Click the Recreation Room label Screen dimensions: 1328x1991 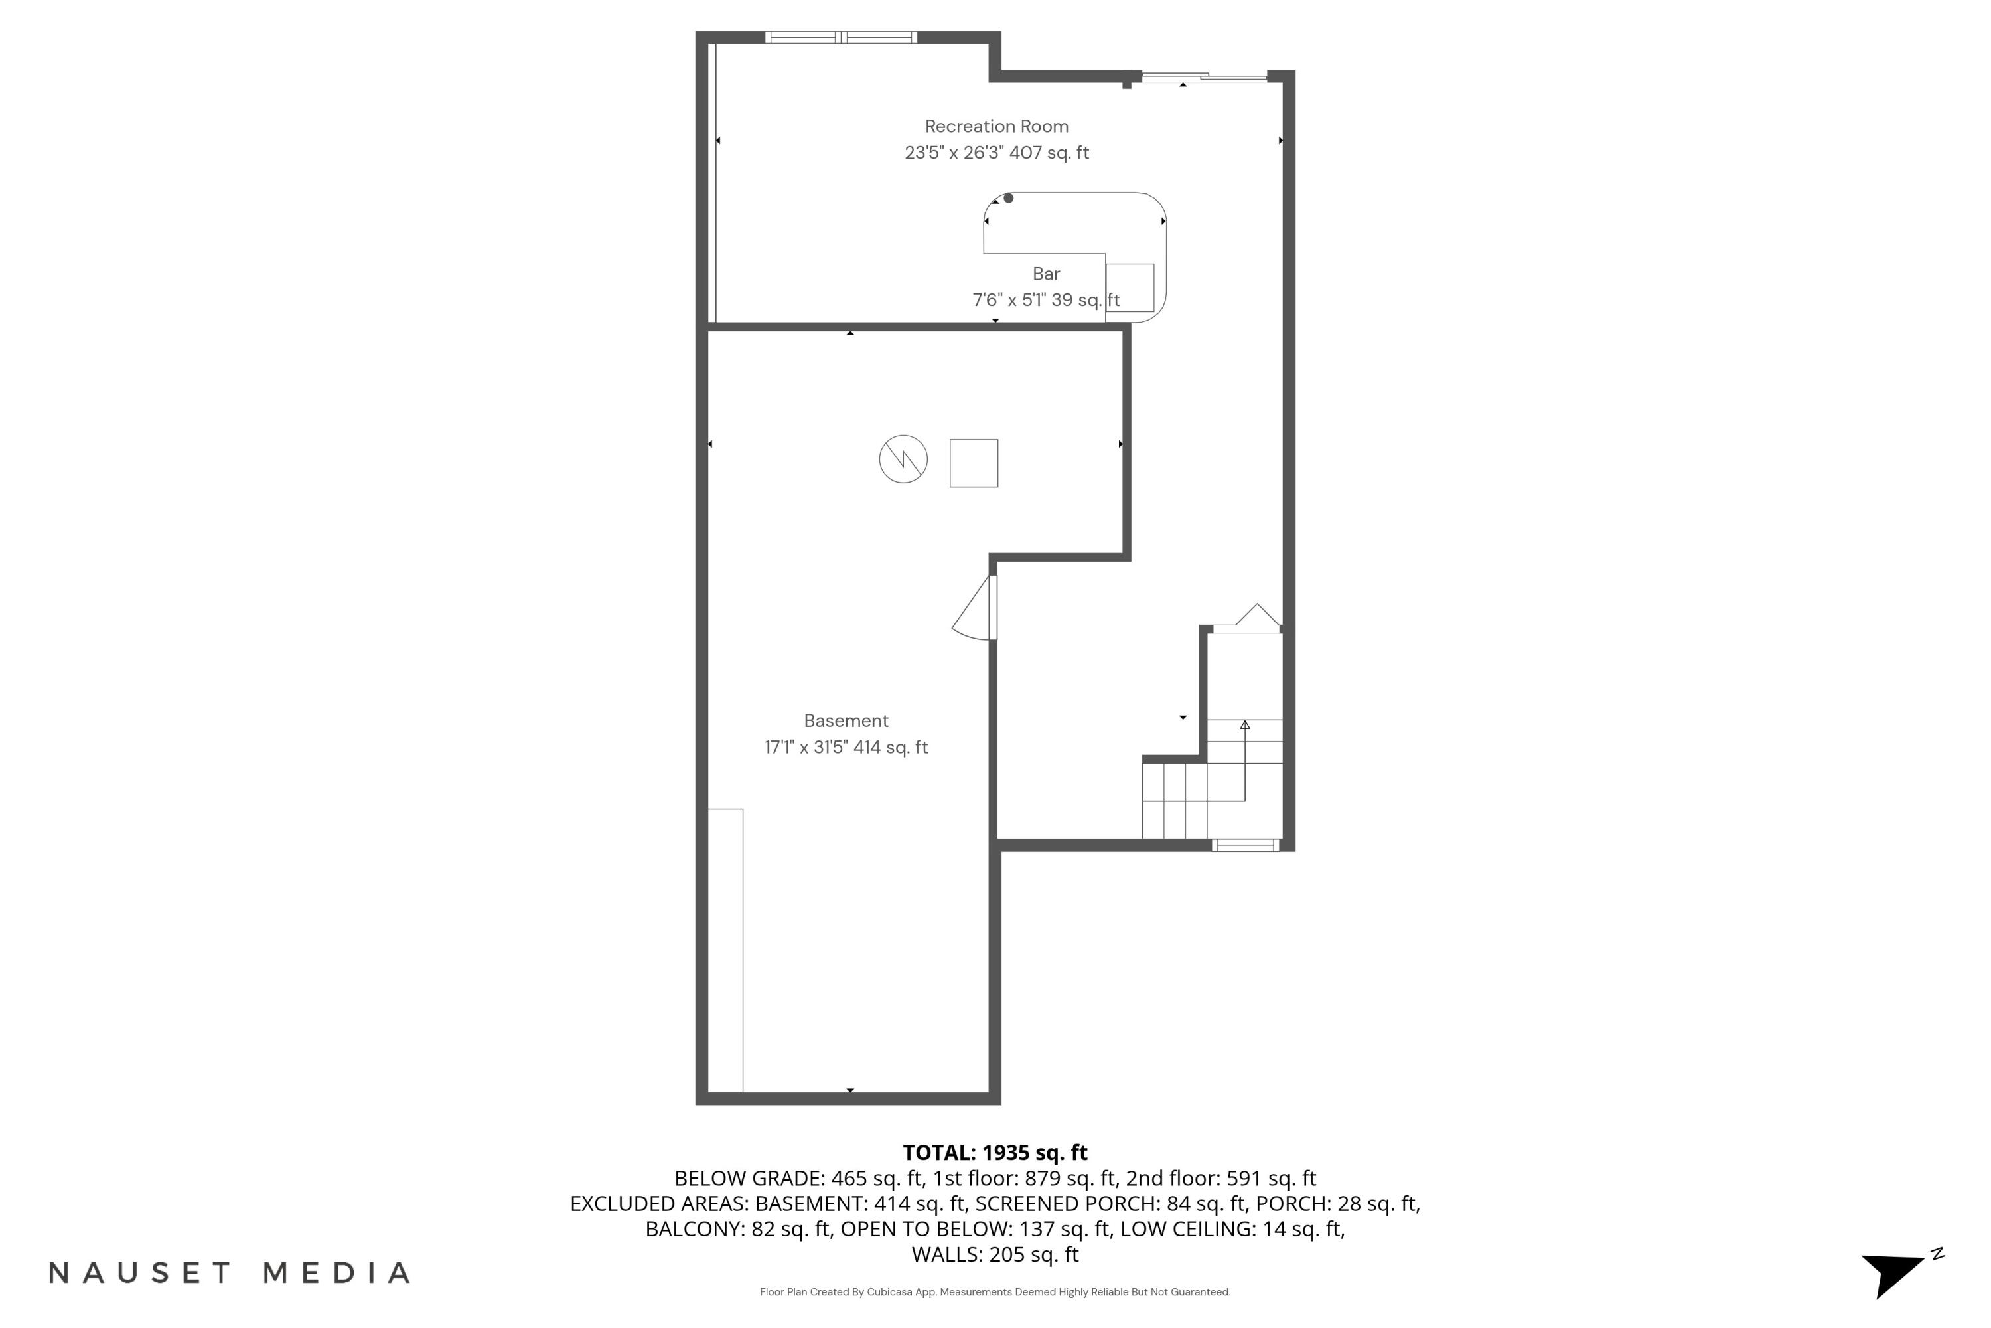point(996,126)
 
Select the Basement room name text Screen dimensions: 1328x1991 point(846,720)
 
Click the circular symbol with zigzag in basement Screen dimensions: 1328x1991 point(903,459)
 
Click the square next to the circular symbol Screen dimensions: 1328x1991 point(974,463)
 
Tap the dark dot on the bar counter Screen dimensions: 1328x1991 point(1008,198)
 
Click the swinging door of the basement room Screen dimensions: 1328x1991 point(975,610)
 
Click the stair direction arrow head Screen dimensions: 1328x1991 point(1244,725)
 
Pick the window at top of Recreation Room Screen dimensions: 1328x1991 point(841,37)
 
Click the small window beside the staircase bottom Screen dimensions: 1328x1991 point(1244,845)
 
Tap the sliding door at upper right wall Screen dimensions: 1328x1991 point(1204,78)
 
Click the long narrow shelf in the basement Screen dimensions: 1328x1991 point(725,950)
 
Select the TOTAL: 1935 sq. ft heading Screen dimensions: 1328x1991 point(995,1153)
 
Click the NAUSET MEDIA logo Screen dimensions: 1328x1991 point(230,1273)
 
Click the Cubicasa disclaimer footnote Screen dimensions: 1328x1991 point(995,1292)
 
